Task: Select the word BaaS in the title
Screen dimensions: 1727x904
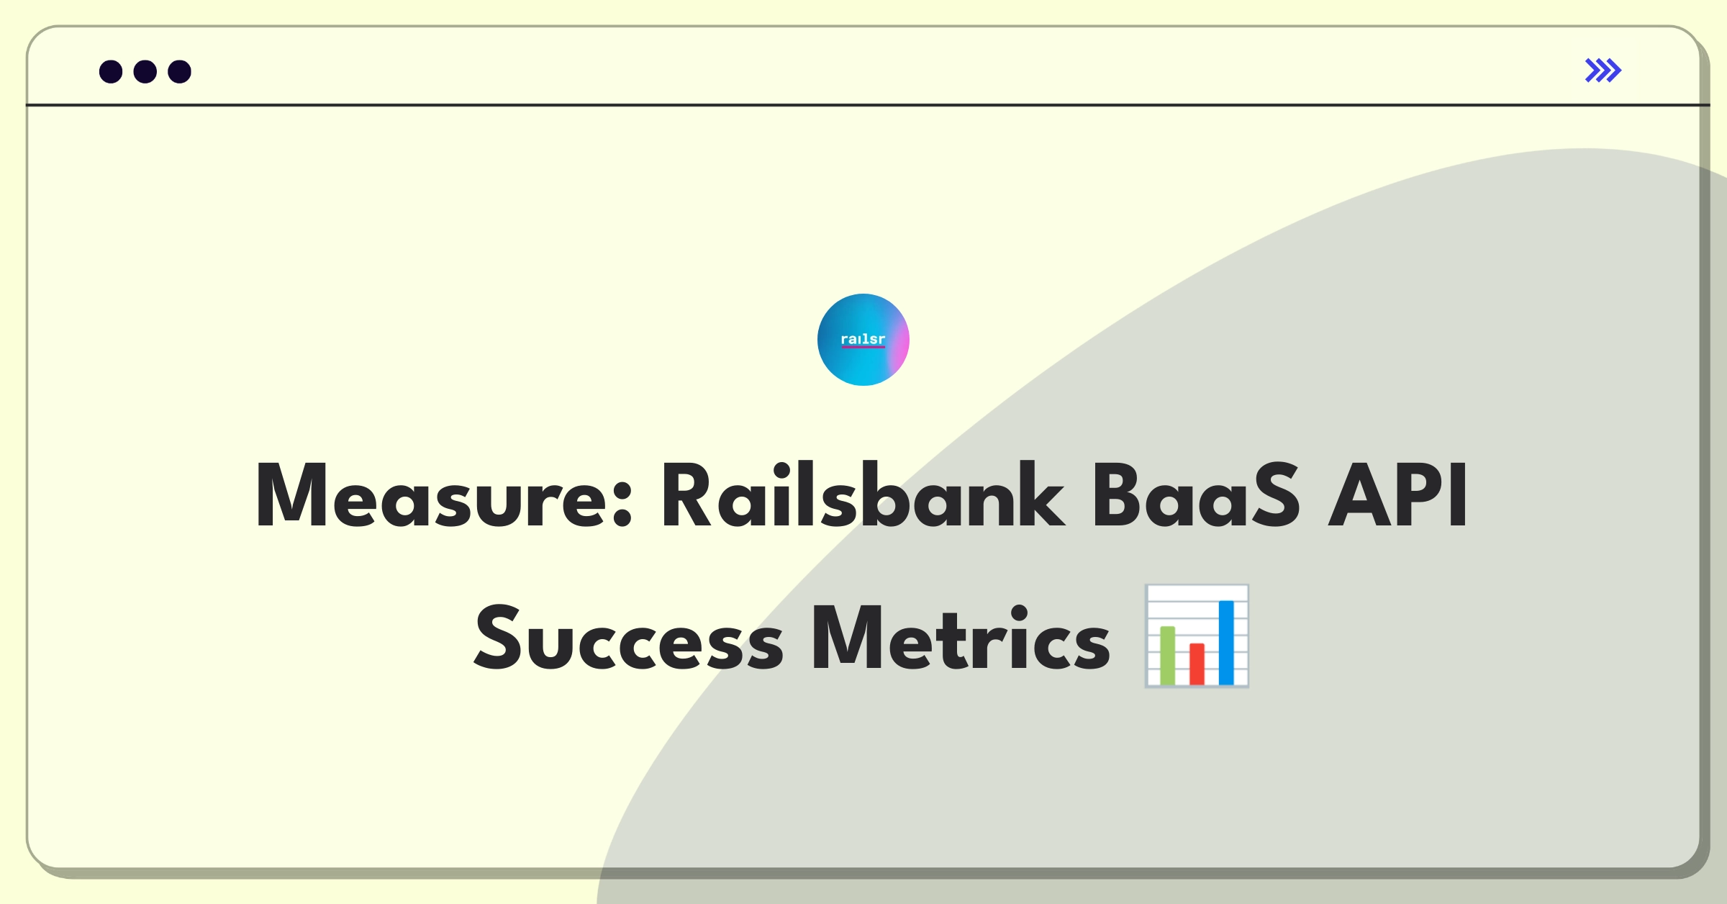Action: [1197, 495]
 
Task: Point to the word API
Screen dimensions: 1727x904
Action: [1397, 495]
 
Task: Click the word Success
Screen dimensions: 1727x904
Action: [629, 638]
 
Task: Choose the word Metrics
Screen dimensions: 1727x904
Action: [961, 638]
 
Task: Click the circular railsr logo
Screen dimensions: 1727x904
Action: [863, 340]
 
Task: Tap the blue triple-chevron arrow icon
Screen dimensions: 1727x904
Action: [1603, 71]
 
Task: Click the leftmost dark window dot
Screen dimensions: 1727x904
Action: [111, 72]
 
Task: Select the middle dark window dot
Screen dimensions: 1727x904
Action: [145, 72]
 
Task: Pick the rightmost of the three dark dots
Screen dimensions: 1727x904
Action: [180, 72]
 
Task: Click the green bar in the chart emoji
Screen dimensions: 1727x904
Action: [1167, 656]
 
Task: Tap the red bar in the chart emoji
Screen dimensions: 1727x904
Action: [1197, 664]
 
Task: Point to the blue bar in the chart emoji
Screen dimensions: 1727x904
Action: [1226, 643]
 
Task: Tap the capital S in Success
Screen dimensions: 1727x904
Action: [497, 638]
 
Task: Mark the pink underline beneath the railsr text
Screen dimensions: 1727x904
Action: [863, 347]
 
